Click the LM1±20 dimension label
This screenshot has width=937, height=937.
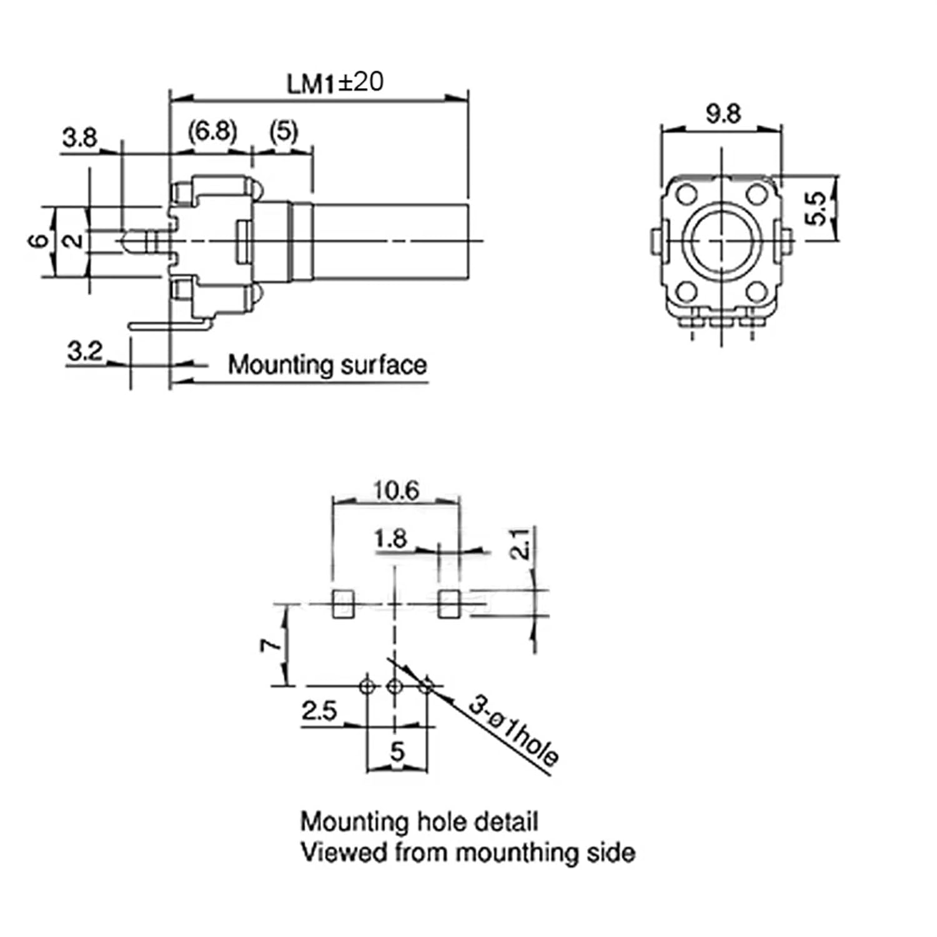click(x=335, y=83)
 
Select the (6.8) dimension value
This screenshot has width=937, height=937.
click(x=212, y=132)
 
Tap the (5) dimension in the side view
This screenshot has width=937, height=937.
click(x=284, y=132)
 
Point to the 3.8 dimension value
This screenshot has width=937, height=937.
click(x=79, y=137)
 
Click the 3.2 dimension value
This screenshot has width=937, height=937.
click(x=84, y=351)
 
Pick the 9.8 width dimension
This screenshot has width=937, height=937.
click(x=723, y=114)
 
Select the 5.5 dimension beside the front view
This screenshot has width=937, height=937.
click(x=816, y=209)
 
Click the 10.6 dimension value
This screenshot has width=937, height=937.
click(x=396, y=490)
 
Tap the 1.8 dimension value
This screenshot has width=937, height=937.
click(x=390, y=538)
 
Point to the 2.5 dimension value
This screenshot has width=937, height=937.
click(x=319, y=711)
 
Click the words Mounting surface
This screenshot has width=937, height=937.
click(x=327, y=365)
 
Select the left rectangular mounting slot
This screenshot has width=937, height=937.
click(x=342, y=603)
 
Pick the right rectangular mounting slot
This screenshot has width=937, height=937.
click(x=448, y=603)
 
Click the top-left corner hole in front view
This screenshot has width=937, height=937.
click(x=687, y=194)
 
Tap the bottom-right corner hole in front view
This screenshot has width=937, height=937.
click(x=756, y=290)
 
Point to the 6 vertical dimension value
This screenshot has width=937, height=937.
click(x=39, y=240)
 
